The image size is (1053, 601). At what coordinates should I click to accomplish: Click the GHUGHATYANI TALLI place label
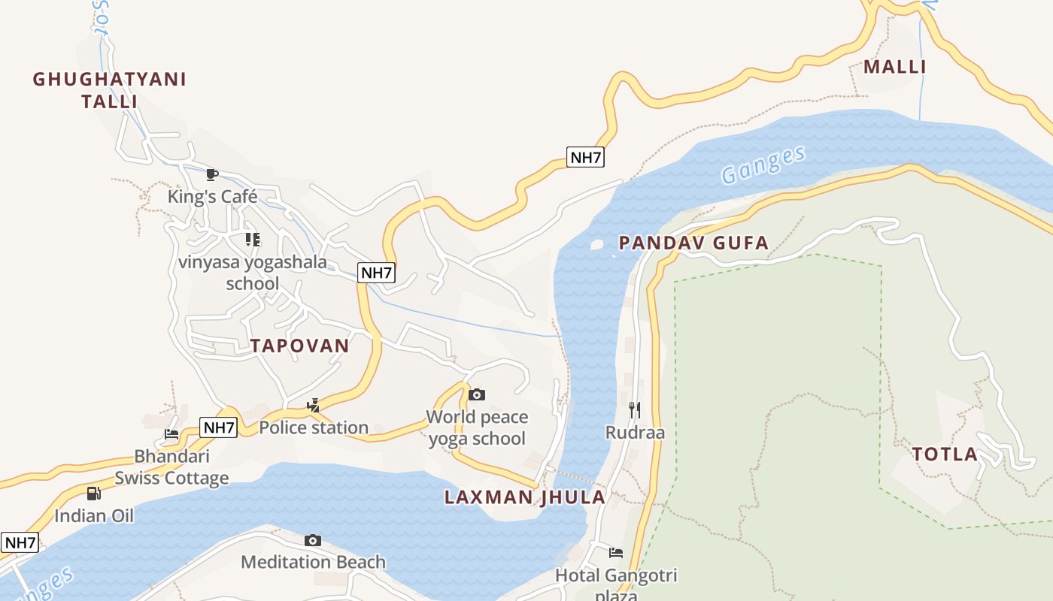pyautogui.click(x=110, y=89)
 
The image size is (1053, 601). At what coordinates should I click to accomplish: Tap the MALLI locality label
pyautogui.click(x=894, y=67)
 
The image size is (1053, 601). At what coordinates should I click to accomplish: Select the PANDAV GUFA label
pyautogui.click(x=693, y=243)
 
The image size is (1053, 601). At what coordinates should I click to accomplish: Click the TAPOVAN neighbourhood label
pyautogui.click(x=299, y=346)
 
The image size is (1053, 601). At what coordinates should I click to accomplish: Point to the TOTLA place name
pyautogui.click(x=945, y=454)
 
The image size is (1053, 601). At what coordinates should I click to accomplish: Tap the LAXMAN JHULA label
pyautogui.click(x=524, y=497)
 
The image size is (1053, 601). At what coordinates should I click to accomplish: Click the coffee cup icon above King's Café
pyautogui.click(x=212, y=175)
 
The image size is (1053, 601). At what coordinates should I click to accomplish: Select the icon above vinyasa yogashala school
pyautogui.click(x=253, y=240)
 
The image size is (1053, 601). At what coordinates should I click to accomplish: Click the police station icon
pyautogui.click(x=313, y=406)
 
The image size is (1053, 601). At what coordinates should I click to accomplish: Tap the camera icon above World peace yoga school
pyautogui.click(x=477, y=394)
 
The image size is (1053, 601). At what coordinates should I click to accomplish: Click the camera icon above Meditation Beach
pyautogui.click(x=313, y=540)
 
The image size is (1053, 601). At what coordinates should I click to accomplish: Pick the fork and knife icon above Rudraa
pyautogui.click(x=635, y=409)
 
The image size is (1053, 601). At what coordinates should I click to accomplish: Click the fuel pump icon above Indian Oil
pyautogui.click(x=93, y=494)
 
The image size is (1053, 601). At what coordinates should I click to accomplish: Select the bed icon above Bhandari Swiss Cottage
pyautogui.click(x=171, y=433)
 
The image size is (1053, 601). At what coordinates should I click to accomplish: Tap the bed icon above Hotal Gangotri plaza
pyautogui.click(x=616, y=553)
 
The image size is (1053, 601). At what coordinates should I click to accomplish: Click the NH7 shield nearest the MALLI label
pyautogui.click(x=585, y=158)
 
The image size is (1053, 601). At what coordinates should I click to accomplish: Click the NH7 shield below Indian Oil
pyautogui.click(x=20, y=542)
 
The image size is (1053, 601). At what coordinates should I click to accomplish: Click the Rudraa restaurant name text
pyautogui.click(x=635, y=433)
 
